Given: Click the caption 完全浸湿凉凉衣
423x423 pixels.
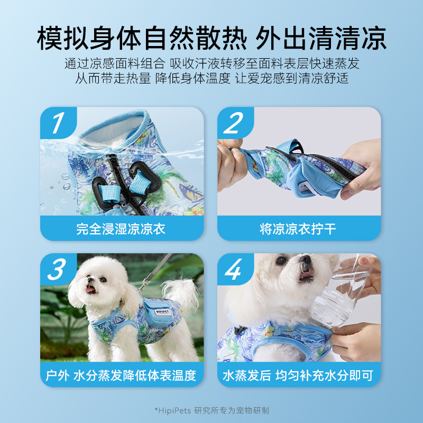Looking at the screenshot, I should tap(122, 229).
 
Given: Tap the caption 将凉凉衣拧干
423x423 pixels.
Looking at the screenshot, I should tap(298, 229).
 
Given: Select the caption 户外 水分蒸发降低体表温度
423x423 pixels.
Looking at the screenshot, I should tap(122, 375).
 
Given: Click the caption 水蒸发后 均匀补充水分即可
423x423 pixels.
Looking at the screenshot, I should tap(298, 375).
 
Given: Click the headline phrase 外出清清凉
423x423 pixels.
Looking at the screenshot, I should tap(321, 38).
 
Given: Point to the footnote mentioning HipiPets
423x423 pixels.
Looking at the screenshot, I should tap(212, 410).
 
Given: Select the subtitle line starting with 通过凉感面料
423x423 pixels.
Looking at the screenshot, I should tap(212, 64).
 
